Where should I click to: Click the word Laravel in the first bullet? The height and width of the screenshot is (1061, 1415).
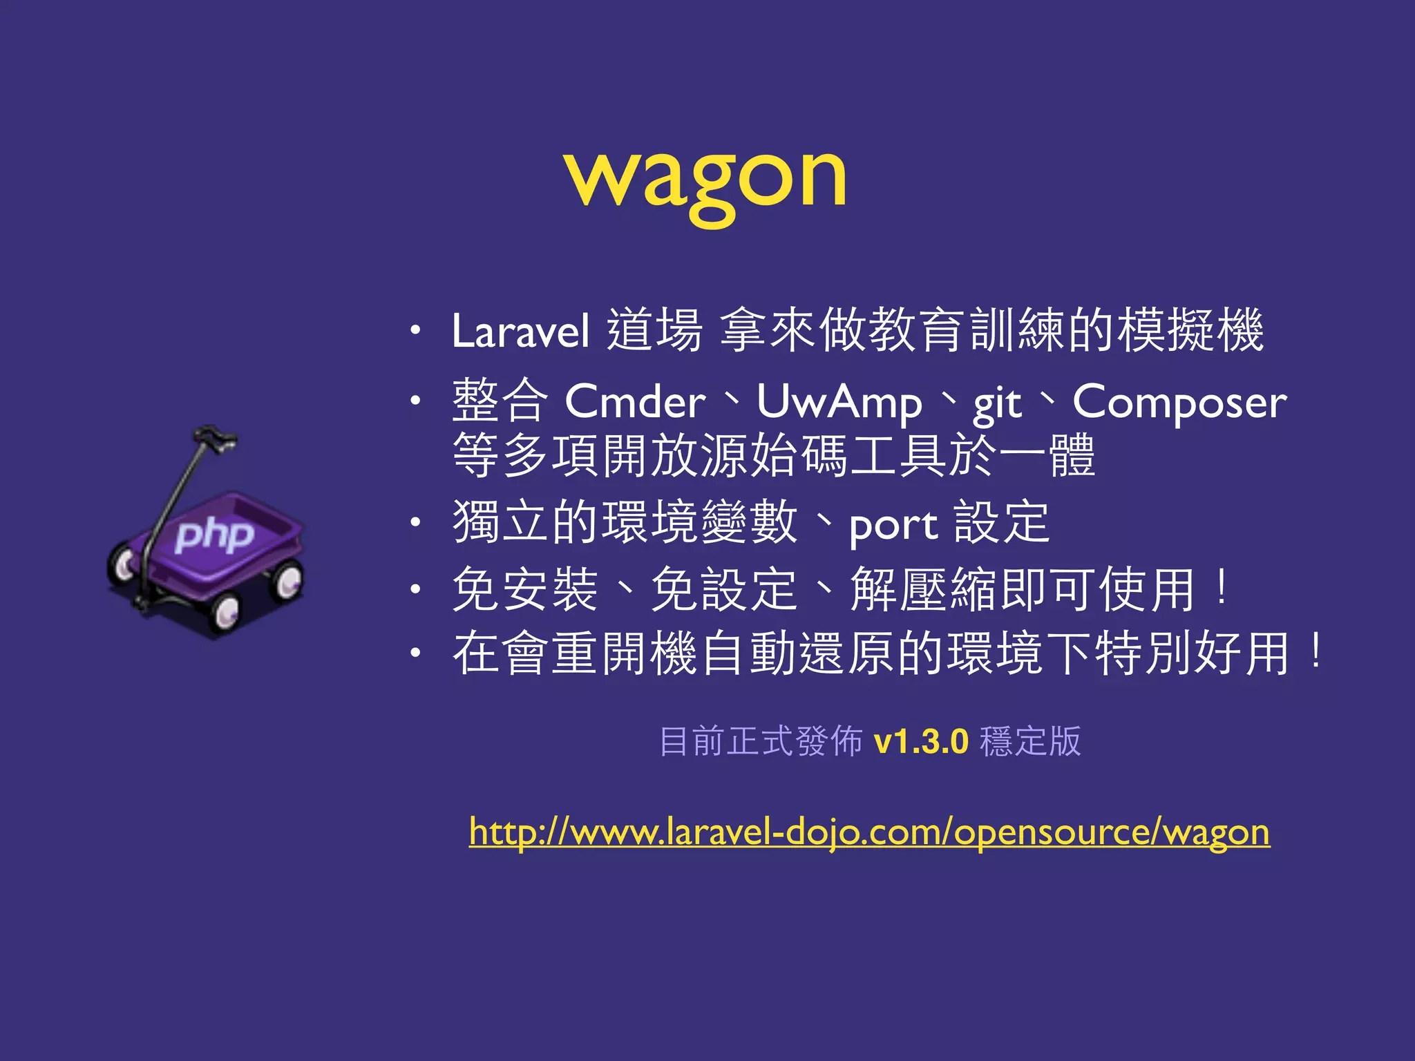click(520, 331)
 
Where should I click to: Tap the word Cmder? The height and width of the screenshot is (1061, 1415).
click(635, 402)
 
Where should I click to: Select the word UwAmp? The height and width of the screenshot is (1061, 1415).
click(839, 402)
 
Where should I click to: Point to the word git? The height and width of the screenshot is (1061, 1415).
click(996, 404)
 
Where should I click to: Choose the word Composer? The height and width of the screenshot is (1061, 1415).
click(1179, 403)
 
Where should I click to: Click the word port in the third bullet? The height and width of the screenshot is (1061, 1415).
click(893, 526)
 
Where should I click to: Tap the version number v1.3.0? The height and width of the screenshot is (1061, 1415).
click(921, 741)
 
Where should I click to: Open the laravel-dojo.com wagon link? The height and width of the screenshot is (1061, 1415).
click(869, 832)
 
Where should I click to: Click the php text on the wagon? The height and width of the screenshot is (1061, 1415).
click(214, 535)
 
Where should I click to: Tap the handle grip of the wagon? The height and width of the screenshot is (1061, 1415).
click(215, 438)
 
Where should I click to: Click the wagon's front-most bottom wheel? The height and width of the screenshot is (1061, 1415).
click(225, 612)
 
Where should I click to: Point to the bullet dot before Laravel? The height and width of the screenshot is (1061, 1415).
click(414, 330)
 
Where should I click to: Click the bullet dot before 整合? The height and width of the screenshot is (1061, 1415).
click(414, 401)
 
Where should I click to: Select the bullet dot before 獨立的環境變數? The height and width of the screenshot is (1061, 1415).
click(414, 523)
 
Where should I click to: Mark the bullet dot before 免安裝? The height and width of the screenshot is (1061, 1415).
click(414, 589)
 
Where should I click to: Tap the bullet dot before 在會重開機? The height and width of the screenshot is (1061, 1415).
click(414, 653)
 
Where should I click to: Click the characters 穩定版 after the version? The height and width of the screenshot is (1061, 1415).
click(1030, 741)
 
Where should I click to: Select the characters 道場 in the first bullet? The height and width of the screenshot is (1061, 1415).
click(654, 329)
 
